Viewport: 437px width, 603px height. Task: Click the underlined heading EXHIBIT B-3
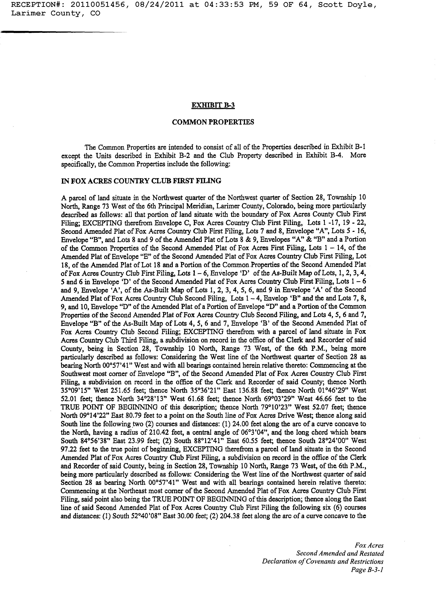point(213,105)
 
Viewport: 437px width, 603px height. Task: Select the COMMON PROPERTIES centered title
point(213,122)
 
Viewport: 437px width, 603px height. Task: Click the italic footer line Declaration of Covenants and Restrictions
point(323,561)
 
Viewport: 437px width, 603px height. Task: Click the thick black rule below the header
point(40,32)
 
